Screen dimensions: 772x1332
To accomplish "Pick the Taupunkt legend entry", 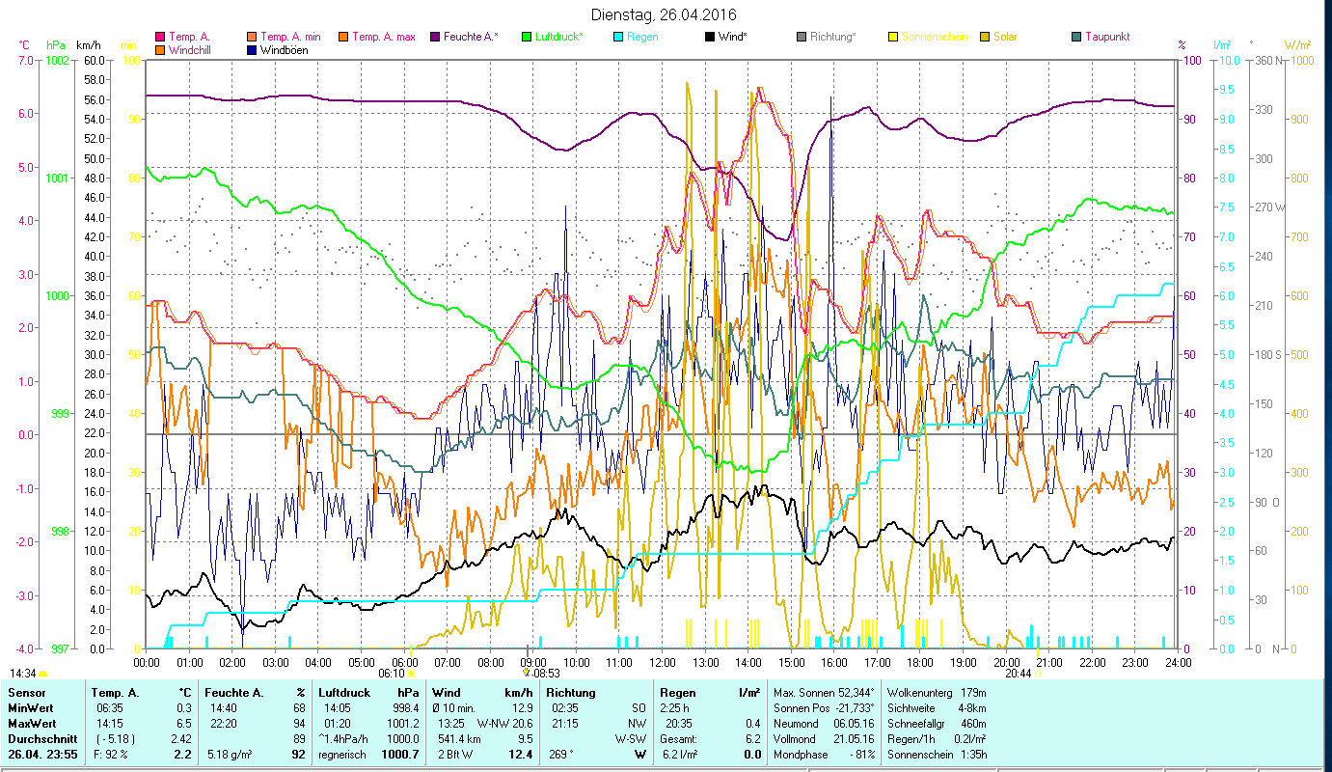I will tap(1106, 37).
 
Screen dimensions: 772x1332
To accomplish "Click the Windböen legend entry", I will tap(285, 50).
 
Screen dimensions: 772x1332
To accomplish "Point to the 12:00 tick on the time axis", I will tap(663, 663).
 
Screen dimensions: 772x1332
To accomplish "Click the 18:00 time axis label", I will tap(920, 663).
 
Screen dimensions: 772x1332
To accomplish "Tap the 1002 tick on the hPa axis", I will tap(57, 60).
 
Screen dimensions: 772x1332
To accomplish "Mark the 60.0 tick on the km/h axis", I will tap(94, 60).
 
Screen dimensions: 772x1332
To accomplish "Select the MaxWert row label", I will tap(32, 723).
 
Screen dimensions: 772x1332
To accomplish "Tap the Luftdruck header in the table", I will tap(345, 693).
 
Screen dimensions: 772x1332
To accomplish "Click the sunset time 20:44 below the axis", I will tap(1018, 674).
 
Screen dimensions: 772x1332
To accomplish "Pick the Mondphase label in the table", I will tap(801, 754).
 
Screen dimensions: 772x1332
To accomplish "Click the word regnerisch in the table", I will tap(343, 754).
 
